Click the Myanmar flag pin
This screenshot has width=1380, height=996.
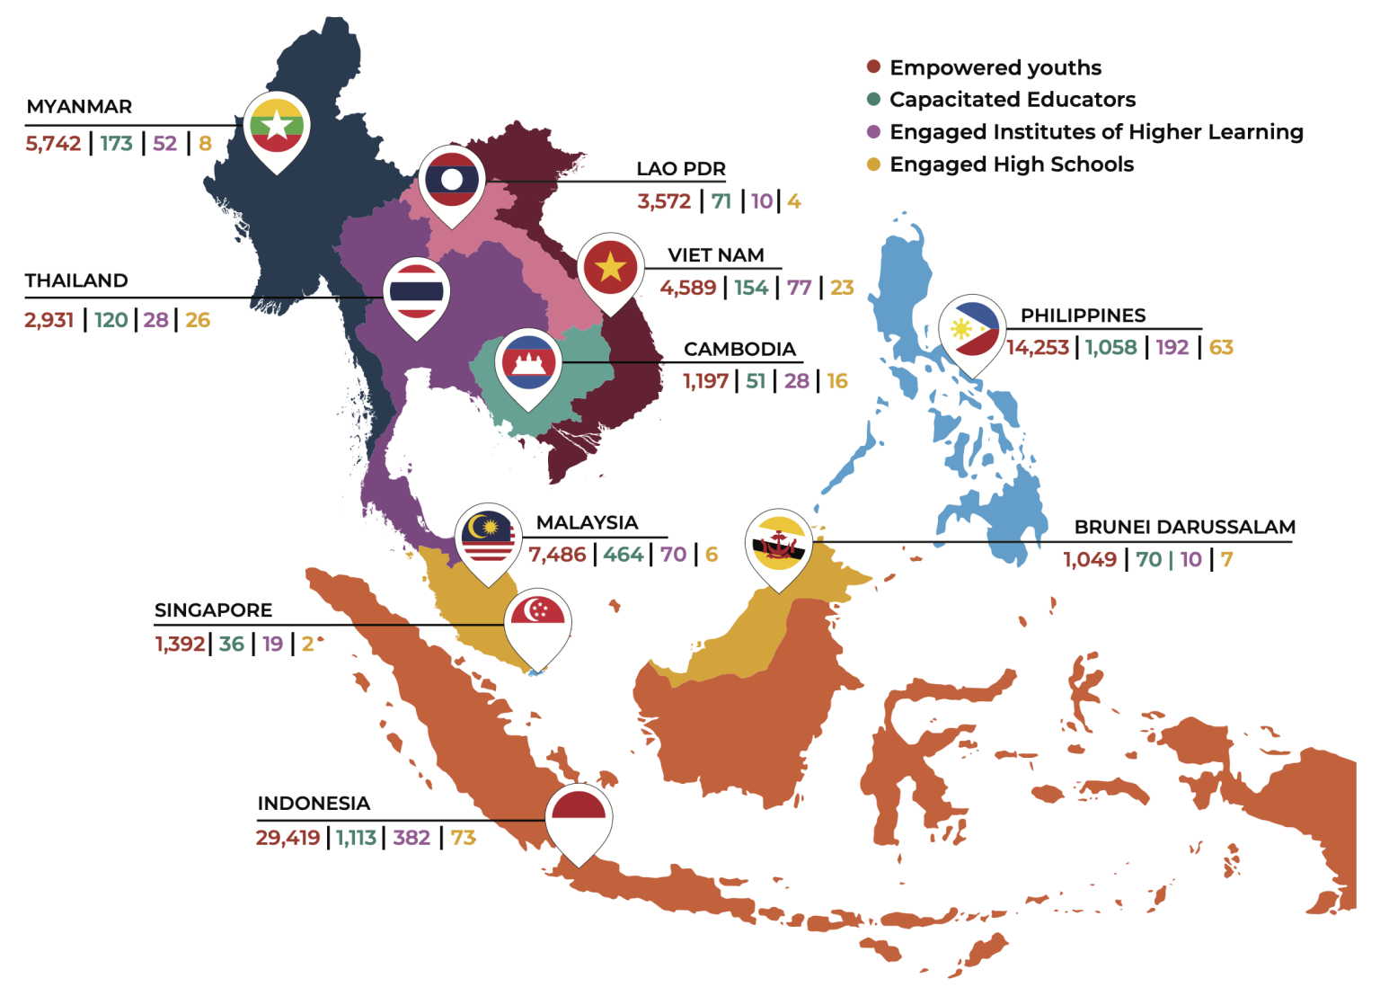coord(277,127)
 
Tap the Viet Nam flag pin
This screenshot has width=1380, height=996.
coord(610,267)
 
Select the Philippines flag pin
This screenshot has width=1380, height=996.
coord(972,329)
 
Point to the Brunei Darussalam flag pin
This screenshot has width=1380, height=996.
coord(778,545)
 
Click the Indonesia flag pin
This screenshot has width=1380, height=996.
coord(579,818)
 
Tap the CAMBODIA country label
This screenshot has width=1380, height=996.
coord(739,349)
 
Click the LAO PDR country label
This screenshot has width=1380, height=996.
coord(680,169)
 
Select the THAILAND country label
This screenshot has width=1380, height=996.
coord(76,280)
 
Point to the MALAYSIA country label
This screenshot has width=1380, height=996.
coord(587,522)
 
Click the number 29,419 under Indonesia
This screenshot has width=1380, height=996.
coord(287,838)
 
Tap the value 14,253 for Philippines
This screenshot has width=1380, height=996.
coord(1038,348)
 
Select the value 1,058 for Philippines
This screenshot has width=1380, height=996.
coord(1110,348)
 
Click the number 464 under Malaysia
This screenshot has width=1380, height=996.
coord(623,555)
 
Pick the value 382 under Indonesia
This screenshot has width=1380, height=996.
coord(411,838)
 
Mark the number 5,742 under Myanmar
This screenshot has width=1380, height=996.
coord(53,144)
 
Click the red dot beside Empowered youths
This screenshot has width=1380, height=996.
coord(873,67)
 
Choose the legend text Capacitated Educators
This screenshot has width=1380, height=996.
coord(1012,100)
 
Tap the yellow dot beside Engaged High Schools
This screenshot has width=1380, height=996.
coord(873,165)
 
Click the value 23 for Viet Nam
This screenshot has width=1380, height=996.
coord(842,288)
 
